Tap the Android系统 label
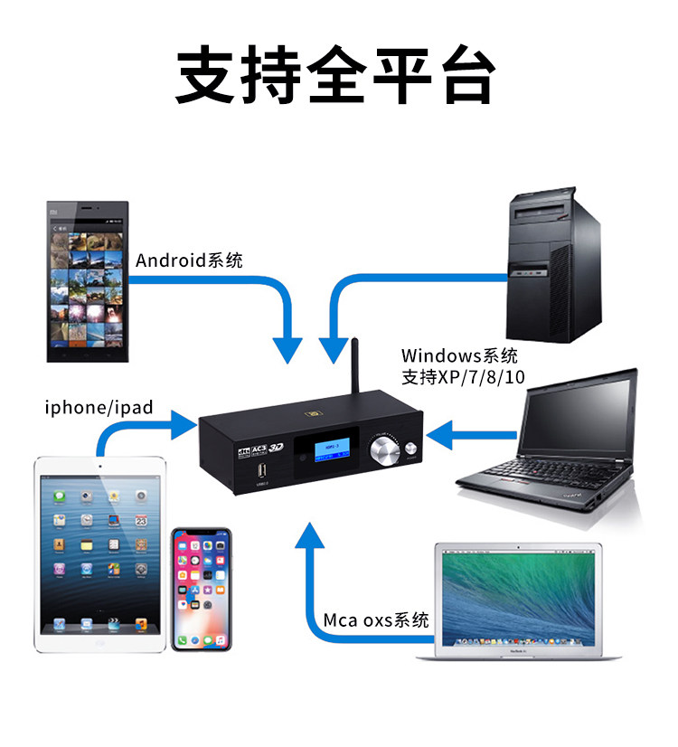(x=189, y=261)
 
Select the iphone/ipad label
(x=99, y=408)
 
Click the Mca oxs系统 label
(x=376, y=620)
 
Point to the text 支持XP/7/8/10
(x=463, y=375)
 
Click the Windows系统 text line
(x=459, y=355)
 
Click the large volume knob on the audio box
(x=385, y=451)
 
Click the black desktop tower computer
(x=554, y=268)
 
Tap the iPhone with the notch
(x=202, y=589)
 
